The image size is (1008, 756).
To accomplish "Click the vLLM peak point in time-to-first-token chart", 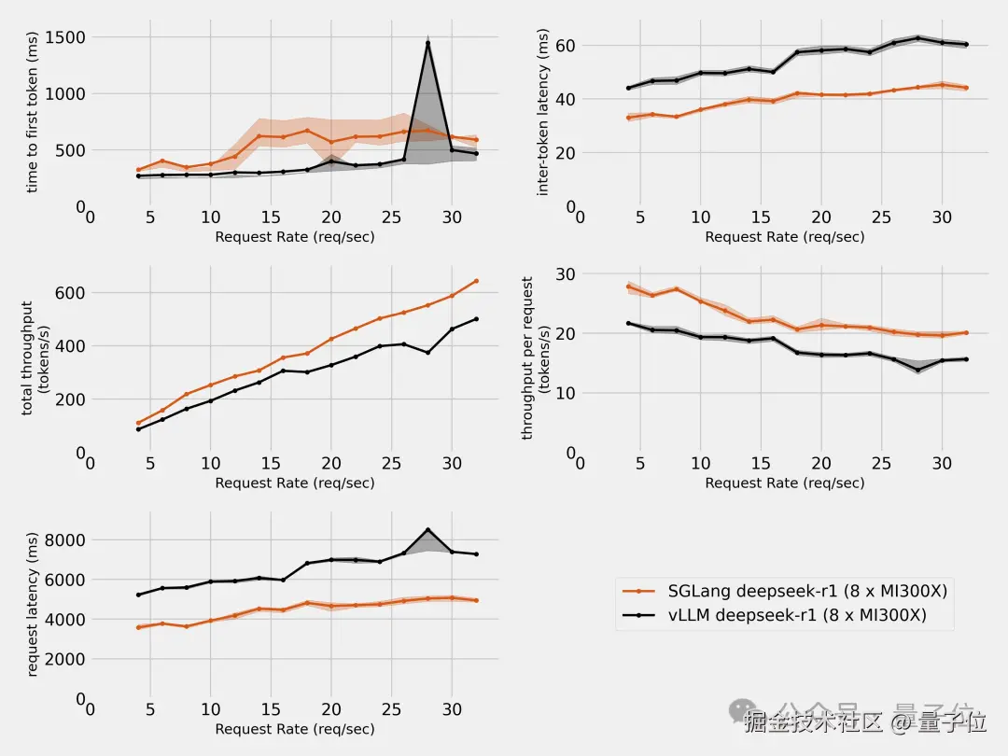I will (427, 43).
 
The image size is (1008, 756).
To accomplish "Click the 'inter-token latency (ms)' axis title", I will (543, 112).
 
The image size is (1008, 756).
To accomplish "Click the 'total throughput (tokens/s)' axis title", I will (34, 357).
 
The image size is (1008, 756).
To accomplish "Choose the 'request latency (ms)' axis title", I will (34, 604).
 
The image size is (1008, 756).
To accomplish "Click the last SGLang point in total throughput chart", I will (476, 281).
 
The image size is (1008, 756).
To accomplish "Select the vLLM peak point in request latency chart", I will (427, 530).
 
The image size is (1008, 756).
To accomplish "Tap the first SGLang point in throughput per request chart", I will (628, 287).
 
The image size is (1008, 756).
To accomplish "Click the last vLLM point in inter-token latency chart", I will (966, 44).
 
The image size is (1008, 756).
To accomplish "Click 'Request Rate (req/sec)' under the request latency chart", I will (295, 729).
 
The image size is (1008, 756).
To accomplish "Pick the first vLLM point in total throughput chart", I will (138, 429).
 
